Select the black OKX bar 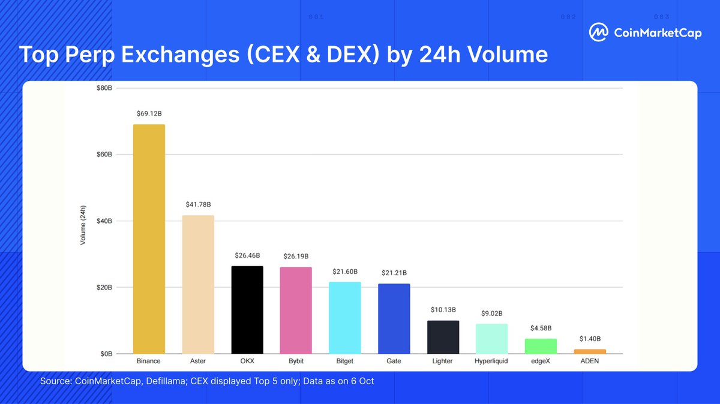[x=247, y=310]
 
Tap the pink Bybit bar [x=296, y=310]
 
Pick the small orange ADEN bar [x=590, y=351]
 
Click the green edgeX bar [x=541, y=346]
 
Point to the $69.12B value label [x=148, y=113]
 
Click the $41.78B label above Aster [x=197, y=204]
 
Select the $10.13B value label [x=443, y=310]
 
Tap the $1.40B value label [x=590, y=339]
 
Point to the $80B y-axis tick [x=104, y=88]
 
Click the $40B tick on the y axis [x=104, y=221]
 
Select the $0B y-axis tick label [x=106, y=354]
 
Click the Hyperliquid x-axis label [x=491, y=361]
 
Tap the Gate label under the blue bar [x=394, y=361]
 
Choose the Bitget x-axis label [x=344, y=361]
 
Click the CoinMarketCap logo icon [x=598, y=33]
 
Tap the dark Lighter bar [x=443, y=337]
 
